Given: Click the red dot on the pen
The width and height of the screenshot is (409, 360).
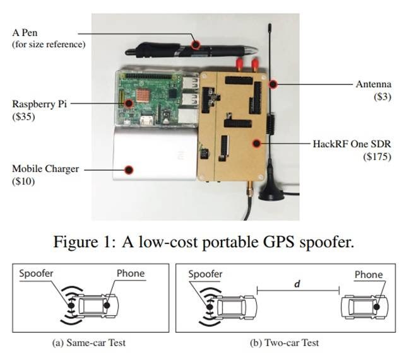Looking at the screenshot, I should click(196, 45).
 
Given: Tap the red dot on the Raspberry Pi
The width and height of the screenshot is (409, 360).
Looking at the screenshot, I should click(128, 102).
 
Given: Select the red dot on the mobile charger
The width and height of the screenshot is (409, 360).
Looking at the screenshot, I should click(129, 169).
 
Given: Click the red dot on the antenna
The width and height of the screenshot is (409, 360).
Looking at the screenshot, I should click(273, 84).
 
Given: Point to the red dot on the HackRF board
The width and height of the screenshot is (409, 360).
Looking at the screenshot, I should click(256, 143).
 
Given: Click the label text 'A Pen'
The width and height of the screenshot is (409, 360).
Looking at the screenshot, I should click(27, 33).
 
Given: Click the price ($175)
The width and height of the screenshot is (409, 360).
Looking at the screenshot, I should click(378, 156).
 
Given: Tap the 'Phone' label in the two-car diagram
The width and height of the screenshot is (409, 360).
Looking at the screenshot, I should click(369, 274).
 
